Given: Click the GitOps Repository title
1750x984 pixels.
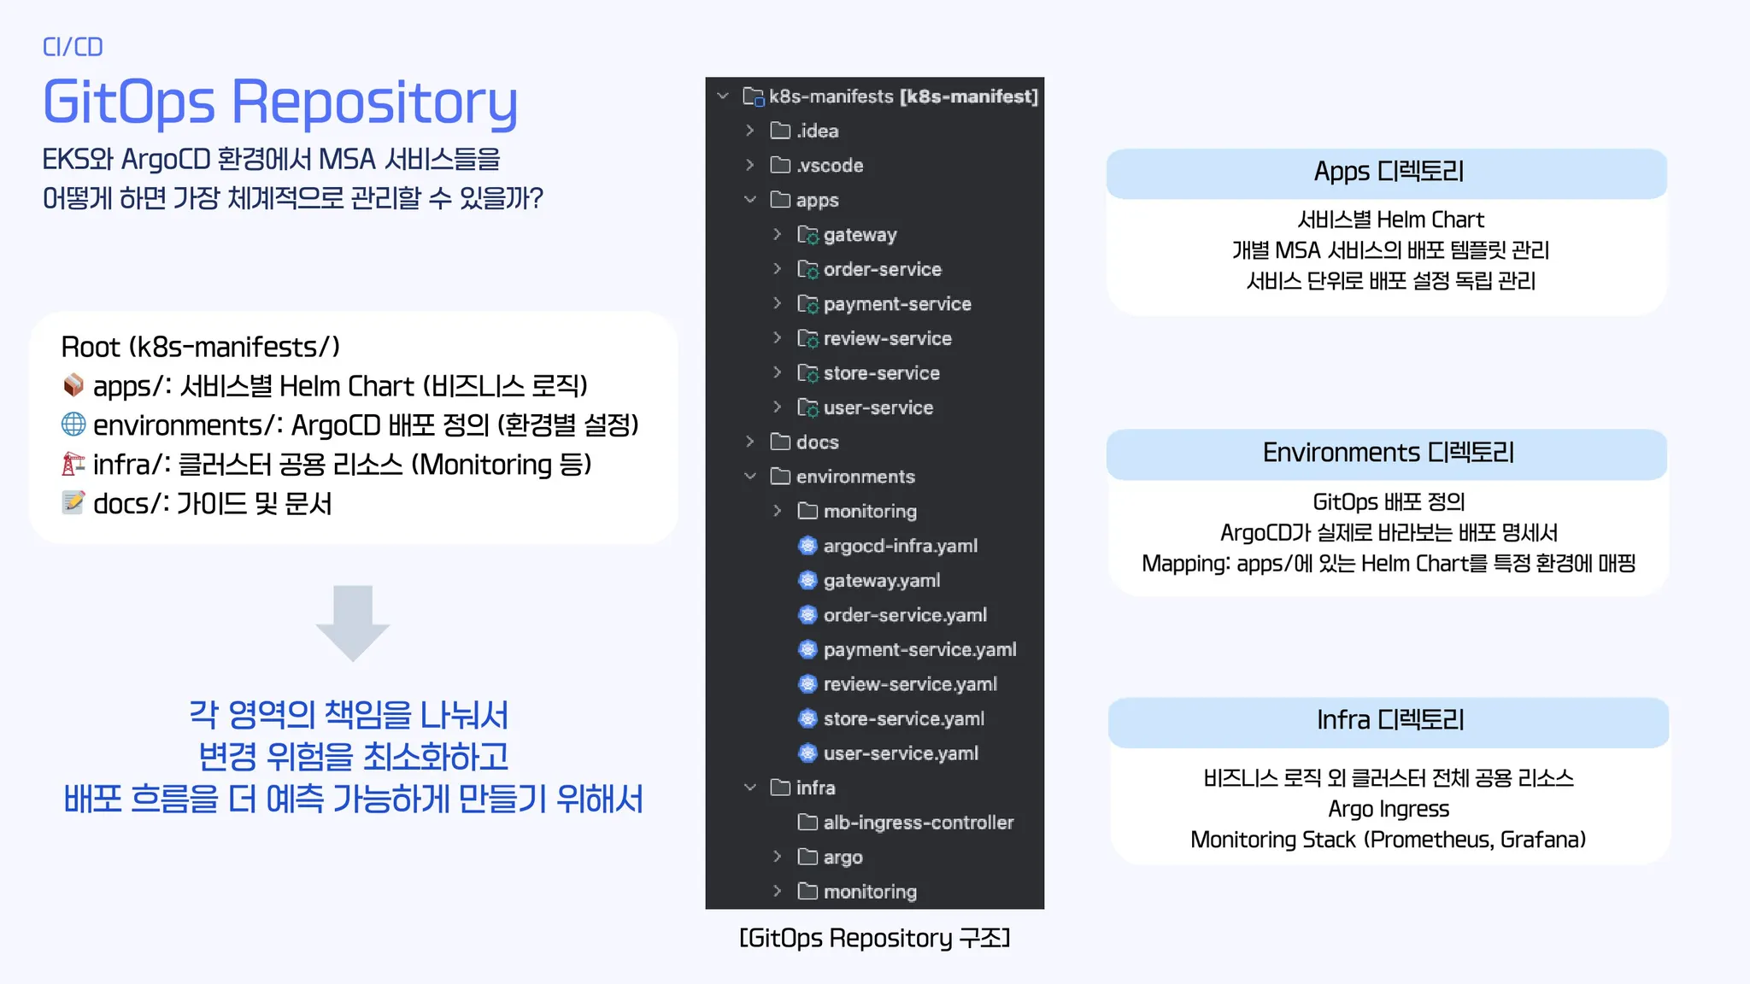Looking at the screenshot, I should pyautogui.click(x=280, y=102).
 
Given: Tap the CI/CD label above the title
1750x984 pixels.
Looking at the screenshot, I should pyautogui.click(x=73, y=47).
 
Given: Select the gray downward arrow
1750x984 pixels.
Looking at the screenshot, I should pyautogui.click(x=353, y=623).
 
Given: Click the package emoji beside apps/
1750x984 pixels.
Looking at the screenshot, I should pyautogui.click(x=73, y=385).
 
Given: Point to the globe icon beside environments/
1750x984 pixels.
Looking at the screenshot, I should pyautogui.click(x=73, y=424).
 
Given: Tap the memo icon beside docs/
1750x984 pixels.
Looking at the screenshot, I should pyautogui.click(x=73, y=502).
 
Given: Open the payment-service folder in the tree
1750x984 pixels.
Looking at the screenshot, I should pyautogui.click(x=896, y=304).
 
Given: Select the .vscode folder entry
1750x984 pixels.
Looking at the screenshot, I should pyautogui.click(x=829, y=165).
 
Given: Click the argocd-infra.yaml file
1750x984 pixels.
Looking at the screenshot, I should pyautogui.click(x=900, y=546).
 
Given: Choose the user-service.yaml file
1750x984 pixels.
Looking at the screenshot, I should pyautogui.click(x=901, y=753).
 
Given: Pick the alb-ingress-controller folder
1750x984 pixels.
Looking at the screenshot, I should pyautogui.click(x=918, y=823).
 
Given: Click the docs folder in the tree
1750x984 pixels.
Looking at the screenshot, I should pyautogui.click(x=817, y=442).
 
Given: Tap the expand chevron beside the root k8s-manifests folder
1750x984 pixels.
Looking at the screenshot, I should pyautogui.click(x=723, y=96).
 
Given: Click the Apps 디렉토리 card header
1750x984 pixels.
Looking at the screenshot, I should pyautogui.click(x=1387, y=173).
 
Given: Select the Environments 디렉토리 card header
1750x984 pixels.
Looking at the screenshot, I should pyautogui.click(x=1387, y=453).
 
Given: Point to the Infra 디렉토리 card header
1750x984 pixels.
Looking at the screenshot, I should pyautogui.click(x=1389, y=721).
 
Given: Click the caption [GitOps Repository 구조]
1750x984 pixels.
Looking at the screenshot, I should pyautogui.click(x=874, y=938).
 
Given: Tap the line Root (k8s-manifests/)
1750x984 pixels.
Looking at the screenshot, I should pyautogui.click(x=201, y=347).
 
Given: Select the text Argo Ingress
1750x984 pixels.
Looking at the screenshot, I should pyautogui.click(x=1389, y=809).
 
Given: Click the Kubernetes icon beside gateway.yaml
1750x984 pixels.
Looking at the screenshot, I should pyautogui.click(x=807, y=581).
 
